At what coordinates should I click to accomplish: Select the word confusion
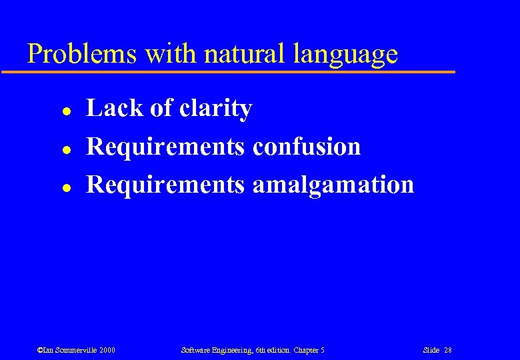(x=306, y=146)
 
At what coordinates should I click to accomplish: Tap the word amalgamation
(x=333, y=185)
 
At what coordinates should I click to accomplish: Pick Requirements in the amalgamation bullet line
(x=165, y=185)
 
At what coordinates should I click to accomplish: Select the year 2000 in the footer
(x=107, y=350)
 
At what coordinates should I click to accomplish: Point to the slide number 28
(x=447, y=350)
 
